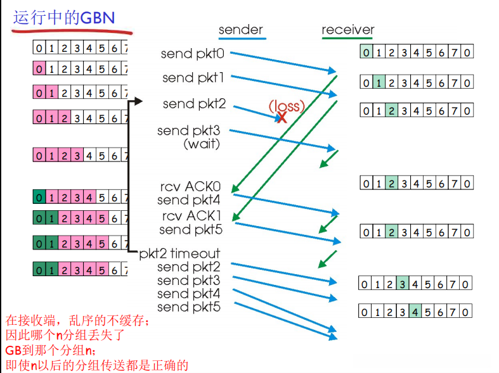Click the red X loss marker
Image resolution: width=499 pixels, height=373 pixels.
tap(282, 117)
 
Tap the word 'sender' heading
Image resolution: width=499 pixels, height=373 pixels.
tap(240, 30)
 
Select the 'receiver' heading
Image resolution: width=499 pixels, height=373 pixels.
tap(347, 30)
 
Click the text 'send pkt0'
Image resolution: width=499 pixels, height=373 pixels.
tap(192, 54)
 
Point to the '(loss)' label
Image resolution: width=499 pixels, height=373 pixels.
tap(287, 105)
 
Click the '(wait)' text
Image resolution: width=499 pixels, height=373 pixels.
tap(202, 144)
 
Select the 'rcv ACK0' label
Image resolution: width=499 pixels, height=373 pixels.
tap(190, 187)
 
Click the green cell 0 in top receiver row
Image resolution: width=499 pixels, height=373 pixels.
tap(366, 53)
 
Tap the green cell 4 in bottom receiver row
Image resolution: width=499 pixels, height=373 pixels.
tap(415, 312)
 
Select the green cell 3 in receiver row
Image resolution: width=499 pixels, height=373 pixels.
tap(402, 284)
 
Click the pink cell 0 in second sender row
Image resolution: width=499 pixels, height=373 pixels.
tap(39, 67)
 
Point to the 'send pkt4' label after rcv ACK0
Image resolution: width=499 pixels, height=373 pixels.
tap(190, 201)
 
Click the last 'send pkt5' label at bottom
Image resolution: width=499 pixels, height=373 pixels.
tap(189, 308)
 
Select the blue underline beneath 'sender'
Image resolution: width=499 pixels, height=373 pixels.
tap(241, 39)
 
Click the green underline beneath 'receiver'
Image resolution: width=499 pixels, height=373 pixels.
tap(347, 39)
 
